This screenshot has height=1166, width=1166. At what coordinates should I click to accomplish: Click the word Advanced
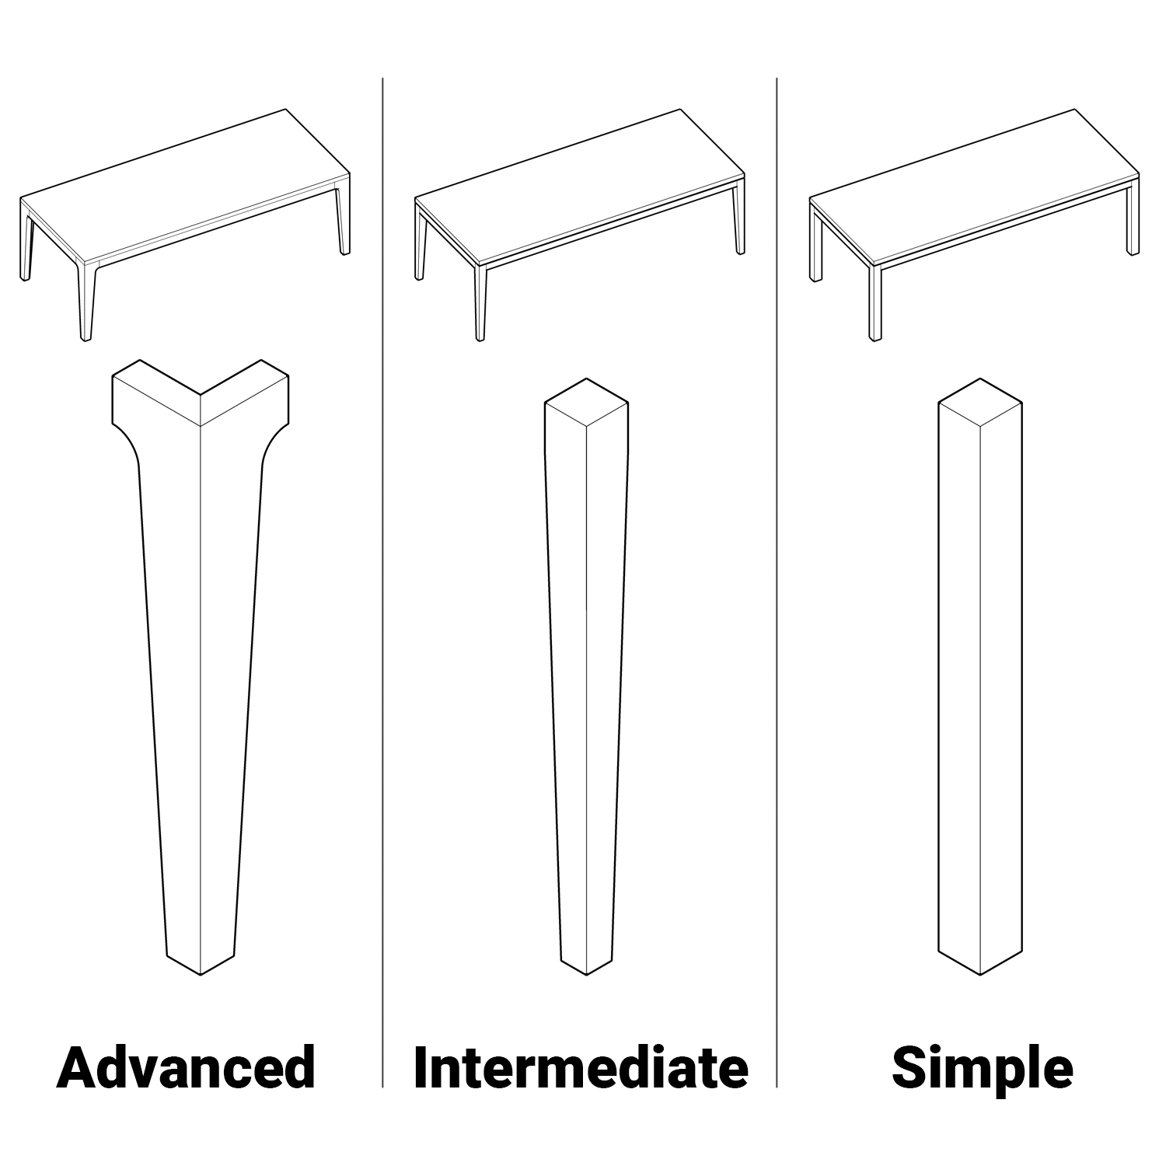pos(187,1067)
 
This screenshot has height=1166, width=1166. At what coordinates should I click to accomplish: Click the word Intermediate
pos(581,1067)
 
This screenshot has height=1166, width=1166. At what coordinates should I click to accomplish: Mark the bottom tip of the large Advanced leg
pos(201,975)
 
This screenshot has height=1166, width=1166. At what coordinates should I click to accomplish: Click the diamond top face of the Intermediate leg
pos(586,403)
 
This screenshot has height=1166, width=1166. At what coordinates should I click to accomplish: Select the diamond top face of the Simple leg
pos(980,403)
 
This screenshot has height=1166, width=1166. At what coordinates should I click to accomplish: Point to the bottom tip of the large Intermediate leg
pos(586,975)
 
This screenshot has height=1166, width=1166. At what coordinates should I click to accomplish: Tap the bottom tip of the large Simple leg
pos(980,975)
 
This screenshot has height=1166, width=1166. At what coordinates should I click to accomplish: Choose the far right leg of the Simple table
pos(1133,222)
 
